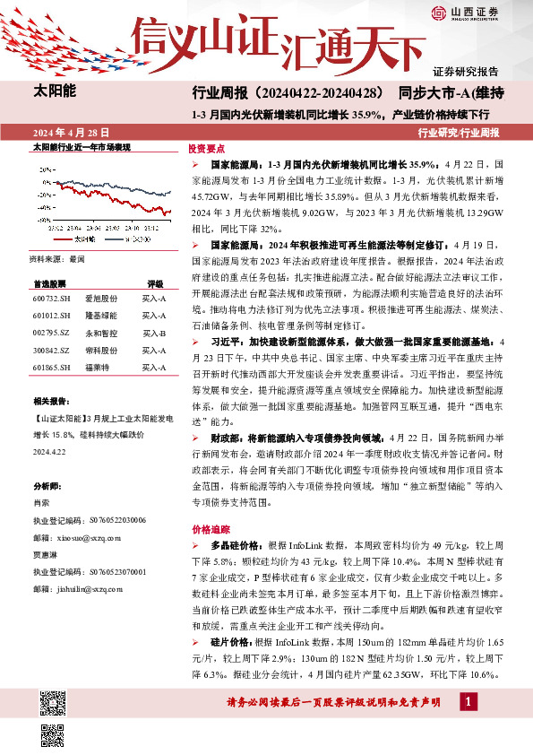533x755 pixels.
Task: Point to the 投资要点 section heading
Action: pos(207,150)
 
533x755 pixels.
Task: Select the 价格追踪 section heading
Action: pos(207,529)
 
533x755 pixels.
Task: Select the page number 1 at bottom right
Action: pos(468,700)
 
